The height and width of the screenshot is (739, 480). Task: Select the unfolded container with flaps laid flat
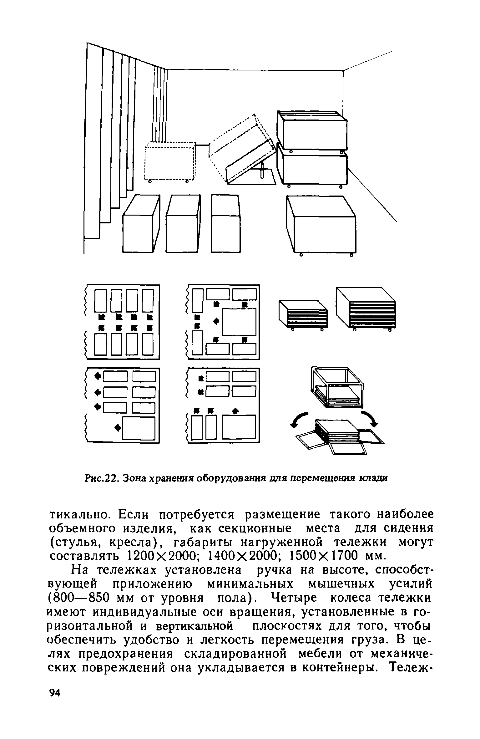(x=339, y=436)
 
